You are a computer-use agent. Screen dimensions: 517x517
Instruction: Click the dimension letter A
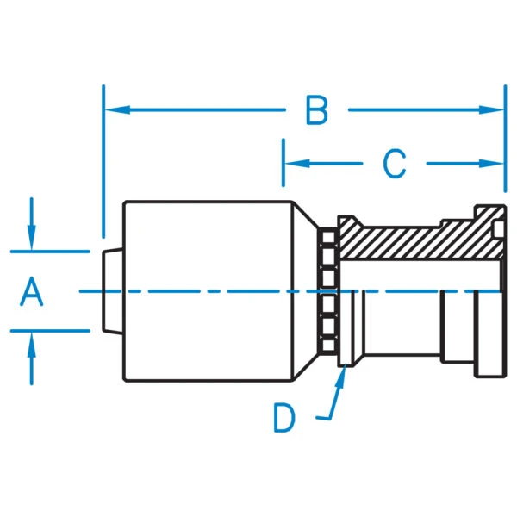(31, 291)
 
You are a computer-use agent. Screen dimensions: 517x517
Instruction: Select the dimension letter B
(317, 110)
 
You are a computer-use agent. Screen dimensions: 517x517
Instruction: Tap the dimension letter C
(395, 164)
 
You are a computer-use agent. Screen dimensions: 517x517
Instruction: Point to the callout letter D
(283, 419)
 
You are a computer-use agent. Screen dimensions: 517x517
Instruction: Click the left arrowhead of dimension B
(117, 109)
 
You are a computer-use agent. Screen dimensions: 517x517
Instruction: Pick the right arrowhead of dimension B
(491, 109)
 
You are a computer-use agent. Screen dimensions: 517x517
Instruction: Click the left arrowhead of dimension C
(297, 163)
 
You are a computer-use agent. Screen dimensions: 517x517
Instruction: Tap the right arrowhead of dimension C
(491, 163)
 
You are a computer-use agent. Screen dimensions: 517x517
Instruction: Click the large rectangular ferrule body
(208, 291)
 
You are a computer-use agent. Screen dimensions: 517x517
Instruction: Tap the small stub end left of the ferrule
(112, 291)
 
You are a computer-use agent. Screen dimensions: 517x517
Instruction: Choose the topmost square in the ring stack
(327, 237)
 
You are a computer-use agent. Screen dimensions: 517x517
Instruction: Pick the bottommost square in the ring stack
(327, 346)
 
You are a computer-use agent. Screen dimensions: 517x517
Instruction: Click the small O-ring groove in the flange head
(499, 229)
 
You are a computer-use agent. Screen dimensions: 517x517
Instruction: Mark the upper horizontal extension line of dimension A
(50, 252)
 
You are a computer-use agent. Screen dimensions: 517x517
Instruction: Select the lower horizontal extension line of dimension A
(50, 331)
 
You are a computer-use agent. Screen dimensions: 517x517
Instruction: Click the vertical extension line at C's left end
(283, 163)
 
